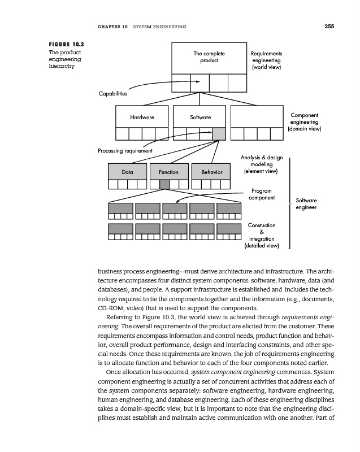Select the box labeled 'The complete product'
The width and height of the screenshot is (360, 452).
[x=206, y=57]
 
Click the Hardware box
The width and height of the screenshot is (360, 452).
[x=142, y=117]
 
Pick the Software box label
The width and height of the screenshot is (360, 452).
[x=200, y=117]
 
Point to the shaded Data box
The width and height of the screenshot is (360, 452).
[x=127, y=172]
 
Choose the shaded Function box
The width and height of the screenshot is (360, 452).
[x=168, y=172]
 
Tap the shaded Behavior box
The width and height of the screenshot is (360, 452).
[x=212, y=172]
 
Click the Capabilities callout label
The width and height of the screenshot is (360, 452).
[x=113, y=94]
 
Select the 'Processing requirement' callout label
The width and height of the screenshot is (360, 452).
[x=125, y=150]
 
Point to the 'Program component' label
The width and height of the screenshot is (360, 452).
[x=262, y=194]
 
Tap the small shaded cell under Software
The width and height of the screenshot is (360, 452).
[x=219, y=133]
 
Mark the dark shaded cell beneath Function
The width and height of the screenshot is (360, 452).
[x=164, y=184]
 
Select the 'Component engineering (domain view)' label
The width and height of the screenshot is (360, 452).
[x=304, y=122]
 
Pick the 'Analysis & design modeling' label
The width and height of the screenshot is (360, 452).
[x=261, y=160]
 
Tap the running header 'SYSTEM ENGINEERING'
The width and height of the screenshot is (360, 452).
[x=159, y=27]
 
